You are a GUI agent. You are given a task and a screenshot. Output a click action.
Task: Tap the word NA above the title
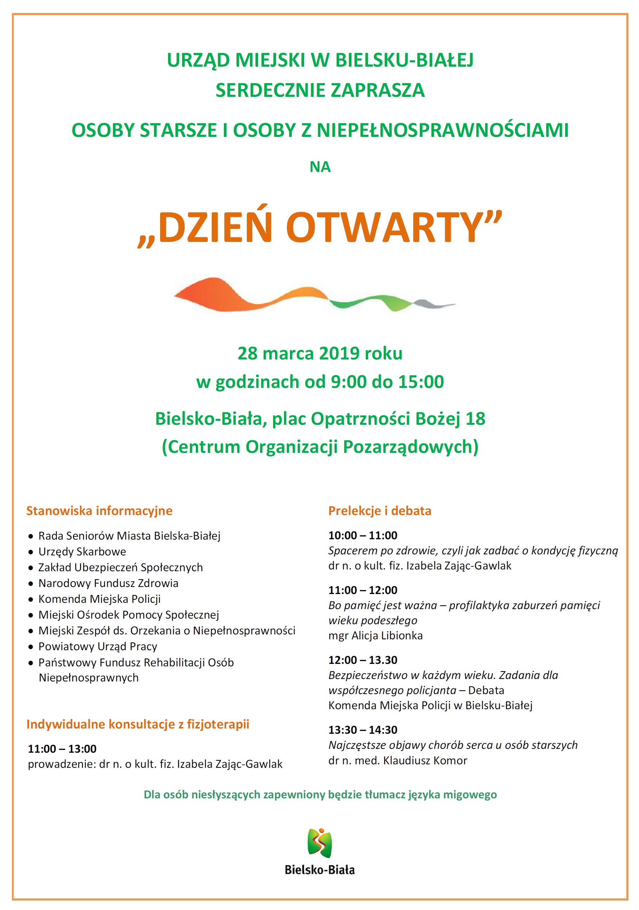pos(320,167)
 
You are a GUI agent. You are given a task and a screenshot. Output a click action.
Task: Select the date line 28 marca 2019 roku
pos(319,353)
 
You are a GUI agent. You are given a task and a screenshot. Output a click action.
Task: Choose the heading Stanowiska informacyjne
pos(99,510)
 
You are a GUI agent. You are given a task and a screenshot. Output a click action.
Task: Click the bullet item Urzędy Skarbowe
pos(82,551)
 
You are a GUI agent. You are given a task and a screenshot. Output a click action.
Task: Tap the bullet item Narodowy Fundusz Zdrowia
pos(108,583)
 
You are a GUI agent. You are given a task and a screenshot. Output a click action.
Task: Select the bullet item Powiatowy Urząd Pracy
pos(98,646)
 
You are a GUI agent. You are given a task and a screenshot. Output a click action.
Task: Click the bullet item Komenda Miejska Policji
pos(99,599)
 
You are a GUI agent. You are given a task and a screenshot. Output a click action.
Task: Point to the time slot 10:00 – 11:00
pos(363,535)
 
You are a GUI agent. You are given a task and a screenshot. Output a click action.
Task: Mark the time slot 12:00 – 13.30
pos(363,660)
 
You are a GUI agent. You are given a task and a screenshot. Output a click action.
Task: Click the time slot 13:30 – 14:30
pos(363,730)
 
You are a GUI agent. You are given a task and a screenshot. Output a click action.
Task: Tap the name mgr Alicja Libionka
pos(375,635)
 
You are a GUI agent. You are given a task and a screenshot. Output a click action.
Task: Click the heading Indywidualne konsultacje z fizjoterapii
pos(138,724)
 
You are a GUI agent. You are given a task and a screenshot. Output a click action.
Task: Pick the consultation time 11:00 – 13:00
pos(62,749)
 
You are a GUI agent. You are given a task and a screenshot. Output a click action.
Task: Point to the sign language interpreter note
pos(320,794)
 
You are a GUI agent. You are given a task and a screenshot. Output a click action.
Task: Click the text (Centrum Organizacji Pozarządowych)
pos(320,447)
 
